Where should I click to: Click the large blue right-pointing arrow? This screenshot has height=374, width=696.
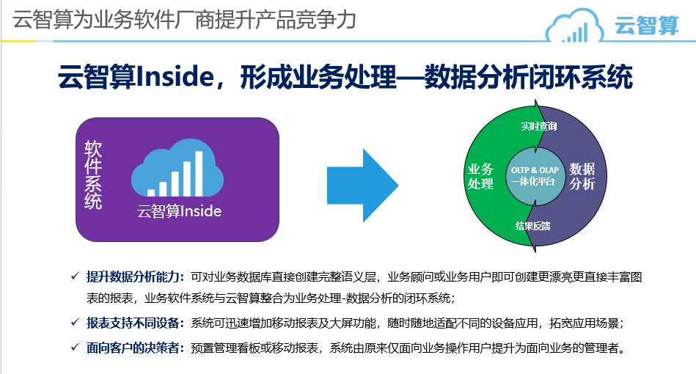tap(362, 186)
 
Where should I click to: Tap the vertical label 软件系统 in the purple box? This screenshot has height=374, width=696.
tap(93, 175)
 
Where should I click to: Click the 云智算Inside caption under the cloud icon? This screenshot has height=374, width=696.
tap(180, 211)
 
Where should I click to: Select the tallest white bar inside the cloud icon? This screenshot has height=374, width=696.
tap(199, 174)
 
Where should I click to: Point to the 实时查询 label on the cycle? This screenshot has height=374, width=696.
tap(539, 126)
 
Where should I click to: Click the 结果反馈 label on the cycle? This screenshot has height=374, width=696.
tap(532, 227)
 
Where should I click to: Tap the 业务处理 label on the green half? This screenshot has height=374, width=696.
tap(480, 176)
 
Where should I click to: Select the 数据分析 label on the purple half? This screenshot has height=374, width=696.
tap(582, 176)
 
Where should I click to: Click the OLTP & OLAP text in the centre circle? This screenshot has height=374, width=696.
tap(535, 170)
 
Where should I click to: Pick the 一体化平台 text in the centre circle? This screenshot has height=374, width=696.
tap(532, 181)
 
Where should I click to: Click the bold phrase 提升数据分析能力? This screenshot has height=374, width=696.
tap(133, 277)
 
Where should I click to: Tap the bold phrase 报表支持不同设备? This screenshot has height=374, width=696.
tap(133, 323)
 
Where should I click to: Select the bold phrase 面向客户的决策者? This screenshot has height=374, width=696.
tap(133, 348)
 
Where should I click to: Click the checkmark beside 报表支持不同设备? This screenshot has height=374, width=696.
tap(75, 322)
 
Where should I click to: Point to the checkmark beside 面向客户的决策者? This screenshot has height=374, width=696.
tap(75, 347)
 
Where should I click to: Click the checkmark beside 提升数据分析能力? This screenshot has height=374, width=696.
tap(75, 276)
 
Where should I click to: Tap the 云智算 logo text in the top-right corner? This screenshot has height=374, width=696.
tap(647, 25)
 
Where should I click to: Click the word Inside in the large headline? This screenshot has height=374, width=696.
tap(175, 77)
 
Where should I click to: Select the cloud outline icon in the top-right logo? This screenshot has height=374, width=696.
tap(574, 26)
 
